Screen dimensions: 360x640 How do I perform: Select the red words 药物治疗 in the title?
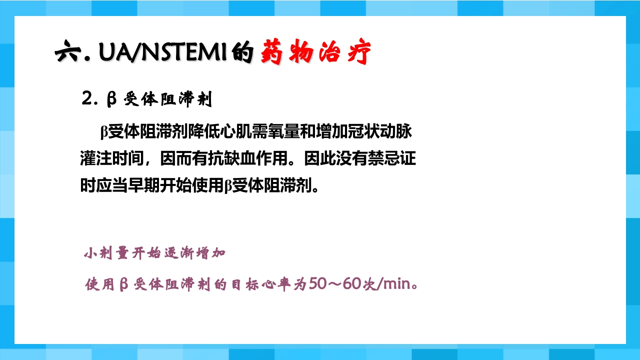tap(316, 52)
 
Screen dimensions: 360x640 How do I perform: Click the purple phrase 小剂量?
tap(100, 253)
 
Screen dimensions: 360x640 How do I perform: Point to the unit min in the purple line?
tap(396, 285)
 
